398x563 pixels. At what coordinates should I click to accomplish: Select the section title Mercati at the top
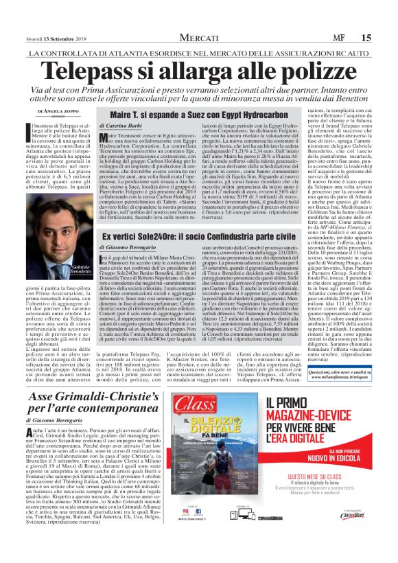click(198, 38)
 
